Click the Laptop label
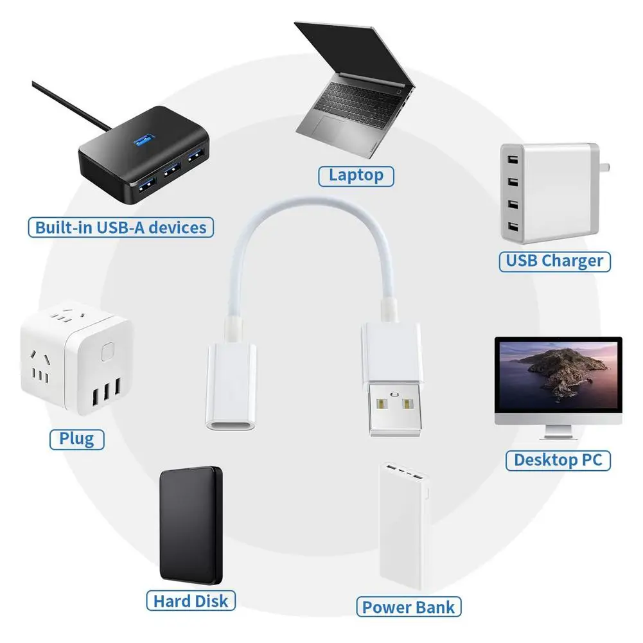(355, 175)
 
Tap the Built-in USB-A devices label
(121, 227)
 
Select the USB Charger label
(554, 260)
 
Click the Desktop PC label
(558, 460)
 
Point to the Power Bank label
(409, 607)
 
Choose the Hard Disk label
(190, 601)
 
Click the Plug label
(76, 439)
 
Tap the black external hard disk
(191, 524)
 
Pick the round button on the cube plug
(107, 353)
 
